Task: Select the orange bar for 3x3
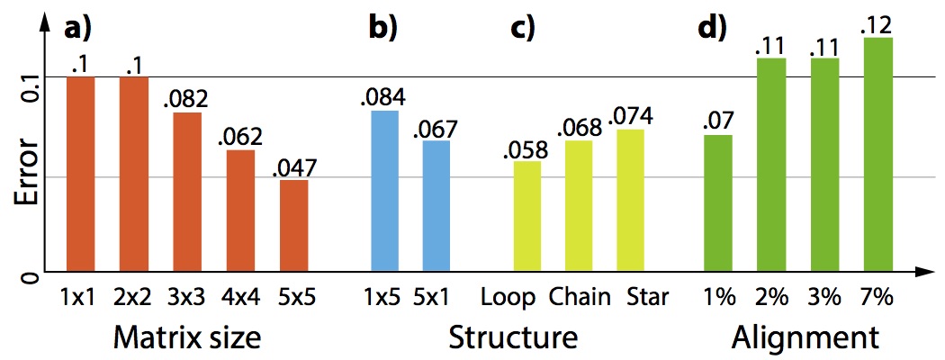click(187, 191)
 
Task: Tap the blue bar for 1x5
click(384, 190)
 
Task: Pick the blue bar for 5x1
click(436, 205)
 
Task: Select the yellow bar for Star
click(631, 200)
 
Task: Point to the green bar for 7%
click(877, 154)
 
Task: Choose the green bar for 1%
click(717, 202)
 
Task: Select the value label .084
click(384, 96)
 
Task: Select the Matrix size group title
click(187, 337)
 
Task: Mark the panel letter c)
click(523, 28)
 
